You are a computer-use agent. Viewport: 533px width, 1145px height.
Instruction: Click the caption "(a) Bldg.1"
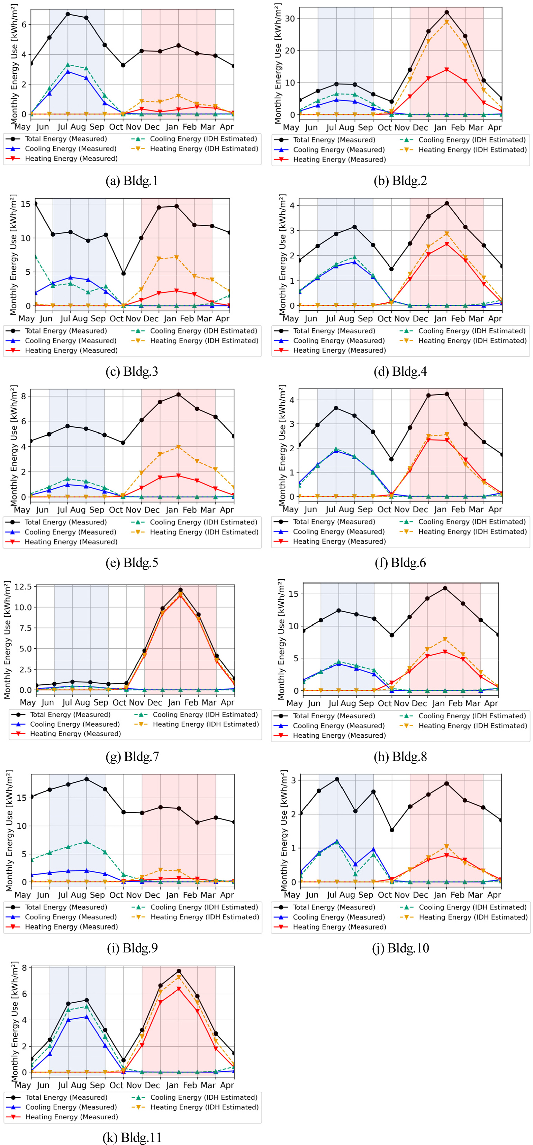pos(132,181)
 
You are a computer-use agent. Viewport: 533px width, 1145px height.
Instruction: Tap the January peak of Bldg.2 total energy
pos(447,12)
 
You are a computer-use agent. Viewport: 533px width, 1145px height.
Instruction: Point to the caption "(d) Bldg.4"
pos(400,372)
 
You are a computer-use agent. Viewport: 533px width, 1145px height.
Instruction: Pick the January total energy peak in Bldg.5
pos(179,395)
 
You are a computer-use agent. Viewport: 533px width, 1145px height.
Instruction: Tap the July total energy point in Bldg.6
pos(336,408)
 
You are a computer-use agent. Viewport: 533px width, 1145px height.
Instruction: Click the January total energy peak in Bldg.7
pos(180,590)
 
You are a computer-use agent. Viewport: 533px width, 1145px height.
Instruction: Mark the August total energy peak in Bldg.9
pos(87,779)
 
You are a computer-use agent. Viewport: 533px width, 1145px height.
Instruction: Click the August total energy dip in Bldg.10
pos(355,811)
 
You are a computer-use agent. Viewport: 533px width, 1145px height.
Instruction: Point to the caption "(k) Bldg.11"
pos(132,1137)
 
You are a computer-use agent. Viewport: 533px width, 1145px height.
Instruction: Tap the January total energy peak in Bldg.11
pos(179,971)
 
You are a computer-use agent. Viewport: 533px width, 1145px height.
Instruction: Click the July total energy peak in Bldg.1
pos(68,14)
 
